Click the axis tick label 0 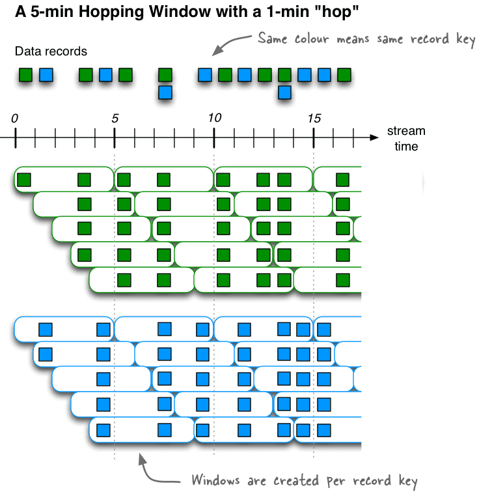click(x=15, y=119)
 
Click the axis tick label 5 click(x=115, y=119)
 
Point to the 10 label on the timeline click(x=215, y=118)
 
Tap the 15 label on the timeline click(x=314, y=119)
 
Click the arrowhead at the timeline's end click(x=374, y=137)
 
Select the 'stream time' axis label click(x=406, y=138)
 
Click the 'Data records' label click(x=51, y=51)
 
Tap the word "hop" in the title click(x=336, y=12)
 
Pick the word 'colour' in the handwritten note click(x=312, y=39)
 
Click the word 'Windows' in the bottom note click(x=215, y=480)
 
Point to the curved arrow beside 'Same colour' click(x=230, y=44)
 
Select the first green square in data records click(x=25, y=75)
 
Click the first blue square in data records click(x=46, y=75)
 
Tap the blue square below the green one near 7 click(x=165, y=93)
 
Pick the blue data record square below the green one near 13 click(x=284, y=93)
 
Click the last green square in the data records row click(x=344, y=75)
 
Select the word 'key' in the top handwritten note click(x=466, y=40)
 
